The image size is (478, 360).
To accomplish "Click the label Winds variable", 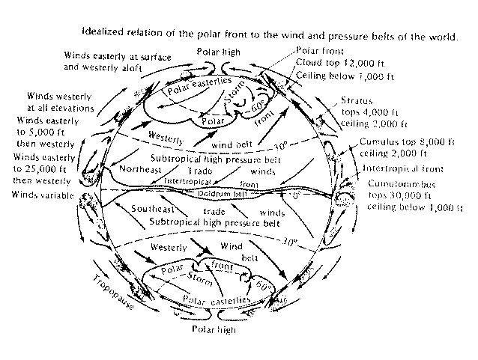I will [43, 195].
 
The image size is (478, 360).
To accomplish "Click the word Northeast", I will [139, 169].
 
